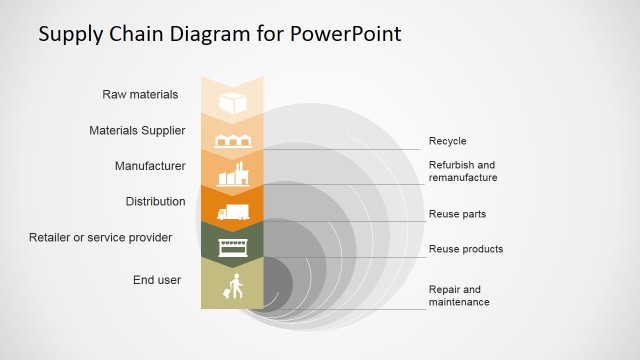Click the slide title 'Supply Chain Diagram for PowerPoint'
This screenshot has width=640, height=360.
[219, 34]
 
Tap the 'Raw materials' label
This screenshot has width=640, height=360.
[140, 95]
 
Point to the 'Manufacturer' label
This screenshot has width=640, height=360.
[150, 166]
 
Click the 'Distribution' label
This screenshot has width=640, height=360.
[155, 202]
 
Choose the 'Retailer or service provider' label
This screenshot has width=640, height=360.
[100, 238]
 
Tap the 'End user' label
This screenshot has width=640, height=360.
[157, 280]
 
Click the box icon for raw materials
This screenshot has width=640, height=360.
[232, 103]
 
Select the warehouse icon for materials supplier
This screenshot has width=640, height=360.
[232, 141]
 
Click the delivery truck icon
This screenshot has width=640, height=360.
[232, 212]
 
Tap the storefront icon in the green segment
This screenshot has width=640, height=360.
[232, 246]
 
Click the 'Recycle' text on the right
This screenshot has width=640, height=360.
[447, 141]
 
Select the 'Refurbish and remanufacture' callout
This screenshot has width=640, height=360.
[463, 171]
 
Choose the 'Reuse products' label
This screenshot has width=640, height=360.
[466, 249]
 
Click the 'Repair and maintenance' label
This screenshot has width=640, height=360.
[459, 296]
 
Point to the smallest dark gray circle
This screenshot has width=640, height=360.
[276, 284]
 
